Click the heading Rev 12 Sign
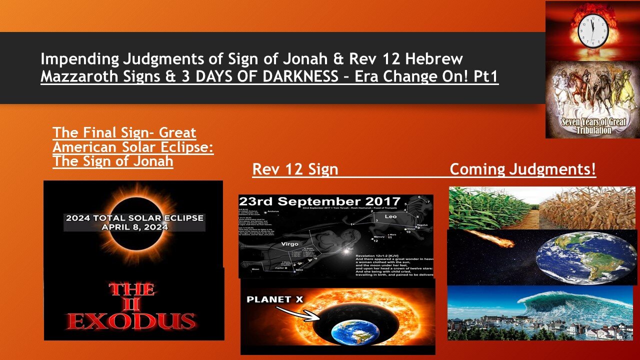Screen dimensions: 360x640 click(x=295, y=169)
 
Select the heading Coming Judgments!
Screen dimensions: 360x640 click(x=522, y=169)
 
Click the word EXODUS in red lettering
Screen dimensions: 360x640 click(x=131, y=320)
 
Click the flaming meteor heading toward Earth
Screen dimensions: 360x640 click(x=495, y=239)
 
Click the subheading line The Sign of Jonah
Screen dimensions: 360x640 click(x=113, y=161)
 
